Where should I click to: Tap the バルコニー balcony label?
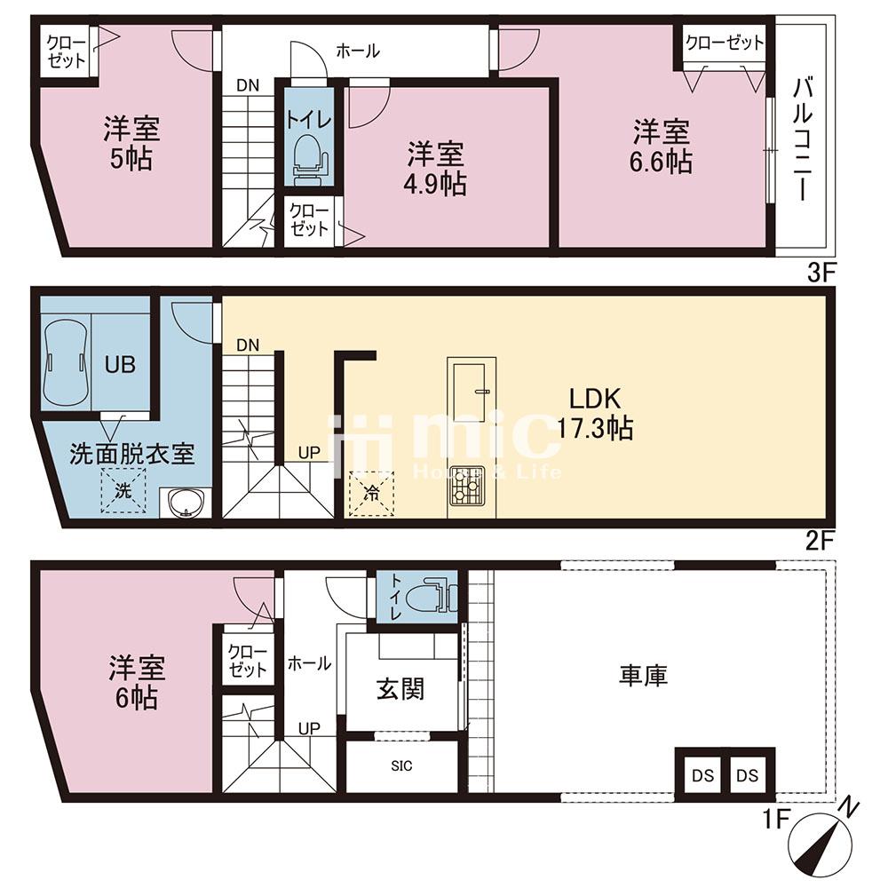pos(803,139)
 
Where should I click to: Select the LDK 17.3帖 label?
pos(595,414)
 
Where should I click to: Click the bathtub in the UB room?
pos(67,362)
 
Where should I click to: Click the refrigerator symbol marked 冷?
pos(371,493)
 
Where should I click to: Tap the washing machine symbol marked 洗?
pos(123,491)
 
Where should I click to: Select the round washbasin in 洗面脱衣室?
pos(185,503)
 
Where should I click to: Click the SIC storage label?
pos(401,766)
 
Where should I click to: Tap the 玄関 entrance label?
pos(400,689)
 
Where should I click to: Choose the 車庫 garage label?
pos(643,676)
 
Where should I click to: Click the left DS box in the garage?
pos(702,775)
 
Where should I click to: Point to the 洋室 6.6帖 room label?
pos(661,147)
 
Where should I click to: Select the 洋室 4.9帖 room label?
pos(435,170)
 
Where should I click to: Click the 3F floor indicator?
pos(821,274)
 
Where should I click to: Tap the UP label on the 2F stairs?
pos(309,453)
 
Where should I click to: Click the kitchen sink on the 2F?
pos(470,392)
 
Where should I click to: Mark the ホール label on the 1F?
pos(309,663)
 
